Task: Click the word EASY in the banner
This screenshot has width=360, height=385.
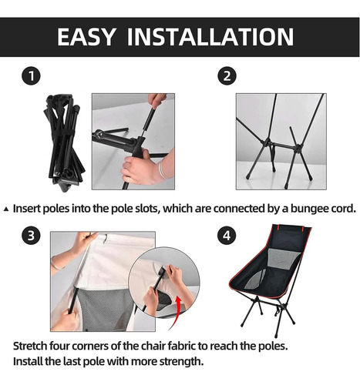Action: point(86,36)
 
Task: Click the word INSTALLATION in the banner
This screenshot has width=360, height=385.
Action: point(210,36)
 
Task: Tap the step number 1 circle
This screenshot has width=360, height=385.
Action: point(31,76)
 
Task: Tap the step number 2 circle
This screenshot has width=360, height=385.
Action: point(227,76)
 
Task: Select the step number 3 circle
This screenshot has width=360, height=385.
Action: point(31,236)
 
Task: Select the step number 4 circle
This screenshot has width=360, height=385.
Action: point(227,236)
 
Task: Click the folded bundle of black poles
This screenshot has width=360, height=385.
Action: point(64,142)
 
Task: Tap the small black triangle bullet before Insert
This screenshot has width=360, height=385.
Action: point(6,209)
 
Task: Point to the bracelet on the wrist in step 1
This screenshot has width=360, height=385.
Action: point(162,170)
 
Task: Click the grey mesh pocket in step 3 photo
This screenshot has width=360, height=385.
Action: point(108,308)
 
